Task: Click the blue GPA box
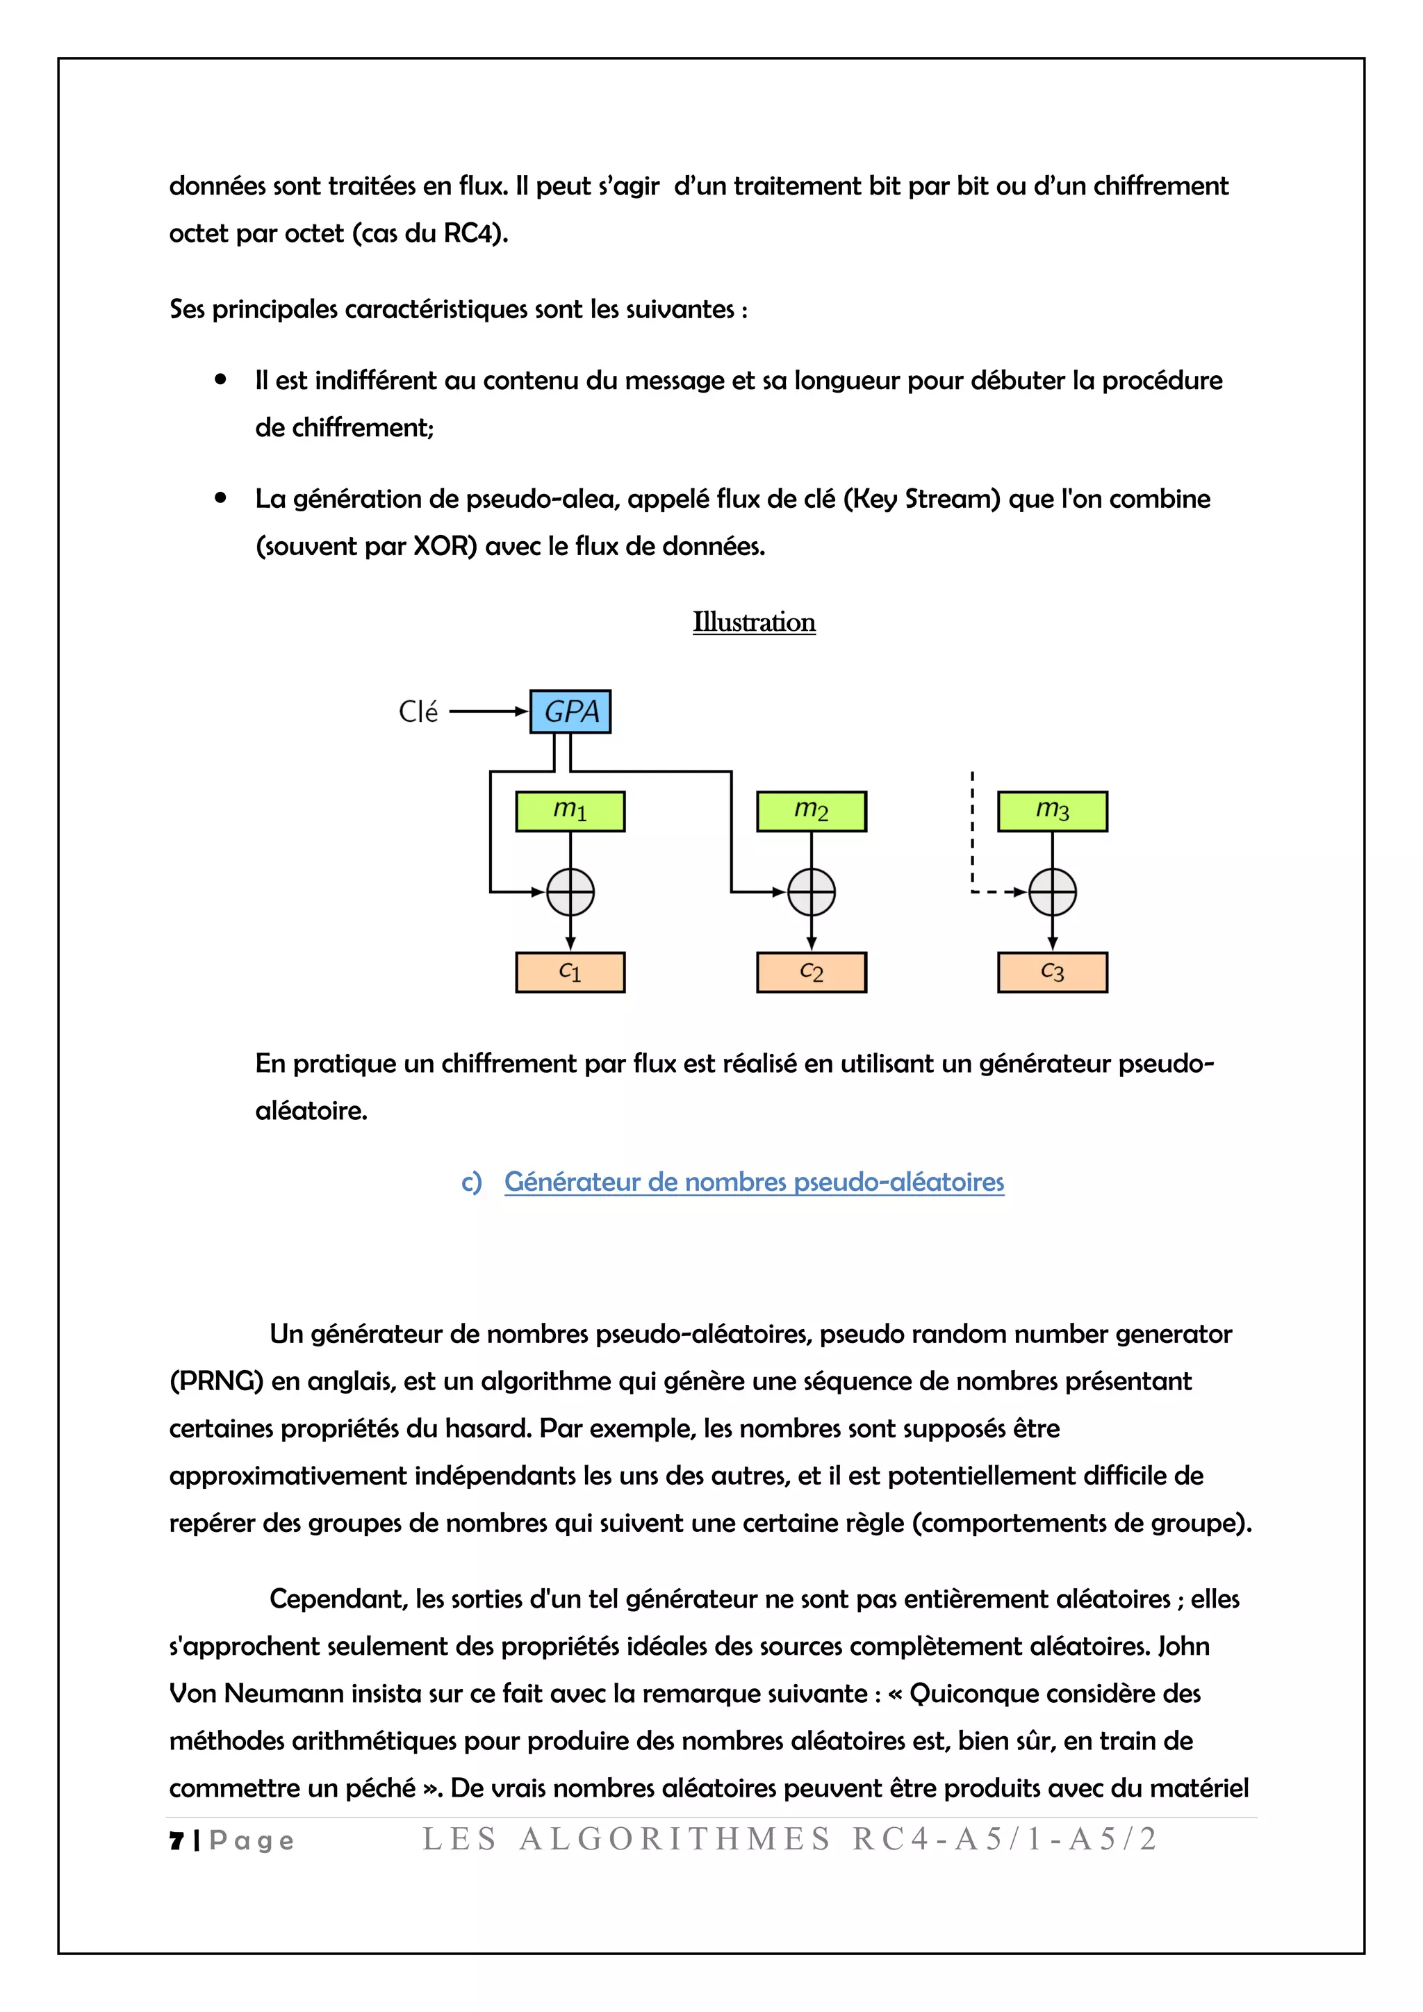tap(570, 711)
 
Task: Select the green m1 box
tap(570, 811)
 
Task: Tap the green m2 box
tap(812, 811)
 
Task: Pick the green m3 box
tap(1053, 811)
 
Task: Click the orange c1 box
tap(570, 972)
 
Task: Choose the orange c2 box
tap(812, 972)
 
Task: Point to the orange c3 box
tap(1053, 972)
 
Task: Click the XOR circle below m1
tap(570, 892)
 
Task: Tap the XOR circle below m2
tap(812, 892)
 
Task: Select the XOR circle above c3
tap(1053, 892)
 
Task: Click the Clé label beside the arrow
tap(418, 711)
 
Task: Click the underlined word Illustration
tap(754, 622)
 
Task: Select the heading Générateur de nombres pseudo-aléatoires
tap(754, 1182)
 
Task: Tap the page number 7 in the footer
tap(176, 1840)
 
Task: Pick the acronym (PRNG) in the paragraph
tap(215, 1382)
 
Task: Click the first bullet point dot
tap(221, 379)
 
